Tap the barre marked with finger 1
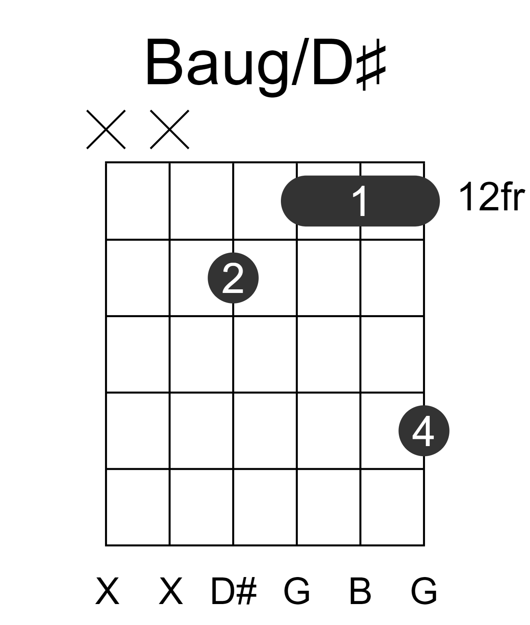point(360,201)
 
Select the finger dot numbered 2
point(233,278)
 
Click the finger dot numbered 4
point(424,431)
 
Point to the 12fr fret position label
point(492,197)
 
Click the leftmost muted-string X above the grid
point(106,129)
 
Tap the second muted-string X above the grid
point(170,129)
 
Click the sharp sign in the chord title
point(371,68)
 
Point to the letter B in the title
point(165,62)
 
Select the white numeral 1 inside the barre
point(360,201)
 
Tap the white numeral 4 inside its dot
point(423,431)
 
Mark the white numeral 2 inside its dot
point(233,278)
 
